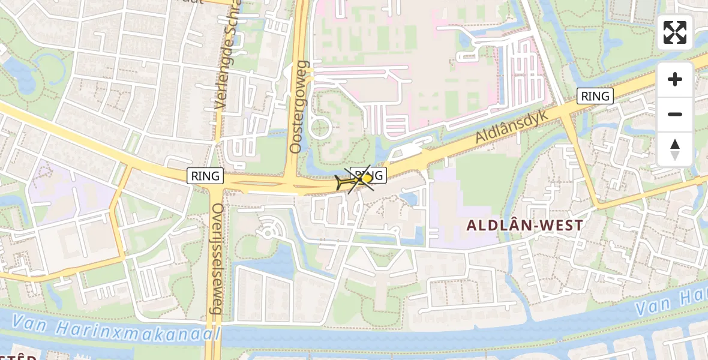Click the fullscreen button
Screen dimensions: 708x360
[675, 32]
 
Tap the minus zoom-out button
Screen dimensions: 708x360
[675, 114]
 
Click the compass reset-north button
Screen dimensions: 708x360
[675, 149]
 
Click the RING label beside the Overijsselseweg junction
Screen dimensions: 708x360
[205, 176]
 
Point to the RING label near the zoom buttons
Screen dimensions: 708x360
[595, 96]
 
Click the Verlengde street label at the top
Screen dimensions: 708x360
[229, 54]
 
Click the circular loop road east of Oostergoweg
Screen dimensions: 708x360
[320, 128]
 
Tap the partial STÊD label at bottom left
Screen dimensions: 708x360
[18, 356]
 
